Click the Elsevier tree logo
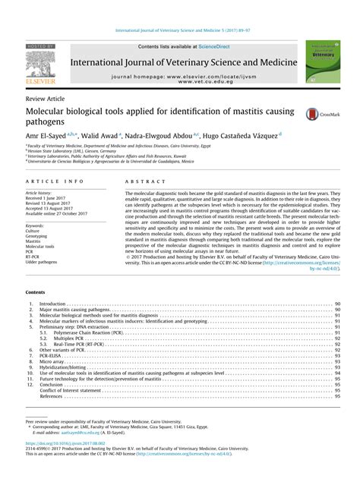(x=33, y=60)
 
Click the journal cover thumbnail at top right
(x=321, y=64)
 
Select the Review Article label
(x=45, y=99)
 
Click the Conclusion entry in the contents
(x=53, y=385)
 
